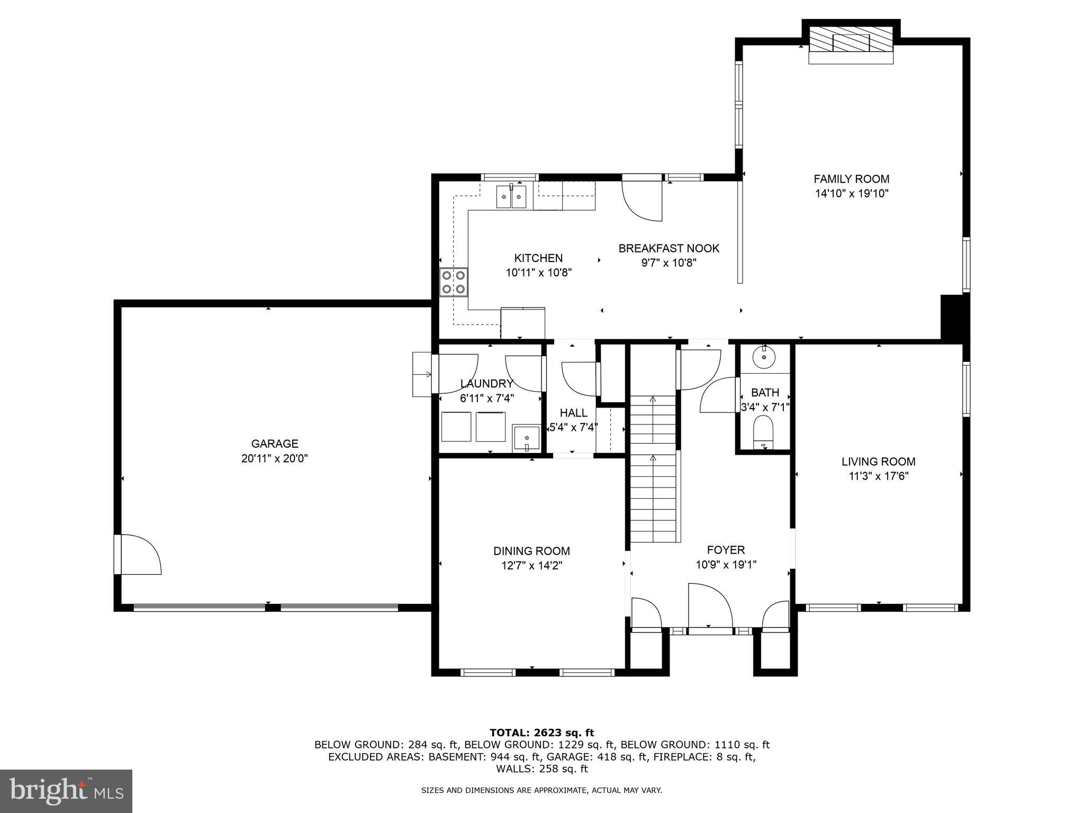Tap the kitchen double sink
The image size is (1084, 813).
511,197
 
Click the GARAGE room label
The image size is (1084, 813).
275,444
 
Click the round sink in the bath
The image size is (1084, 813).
764,357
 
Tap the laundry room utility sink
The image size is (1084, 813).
526,438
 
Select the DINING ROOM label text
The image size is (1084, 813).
531,551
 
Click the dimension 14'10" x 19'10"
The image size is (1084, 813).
851,194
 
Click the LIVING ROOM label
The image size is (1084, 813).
879,462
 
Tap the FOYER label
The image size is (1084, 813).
726,550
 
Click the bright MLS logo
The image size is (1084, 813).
66,791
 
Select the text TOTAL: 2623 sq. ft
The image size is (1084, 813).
541,733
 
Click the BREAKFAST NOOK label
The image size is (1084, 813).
669,248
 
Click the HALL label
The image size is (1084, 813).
573,412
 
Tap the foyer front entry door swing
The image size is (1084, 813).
709,605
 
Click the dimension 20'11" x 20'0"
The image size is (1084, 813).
275,458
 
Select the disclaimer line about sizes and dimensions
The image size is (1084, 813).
541,790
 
